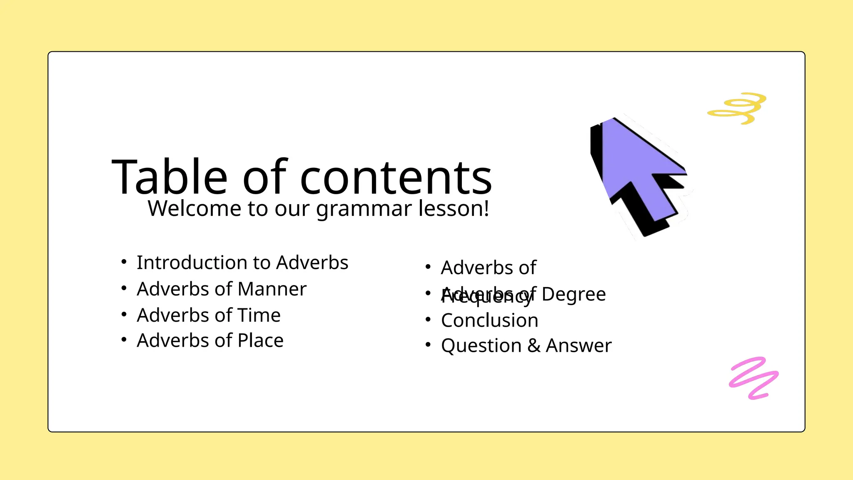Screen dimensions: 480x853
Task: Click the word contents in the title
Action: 396,178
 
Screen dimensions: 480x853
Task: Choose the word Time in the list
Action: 259,315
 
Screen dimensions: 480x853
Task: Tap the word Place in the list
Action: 260,341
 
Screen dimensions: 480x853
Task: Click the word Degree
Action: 574,294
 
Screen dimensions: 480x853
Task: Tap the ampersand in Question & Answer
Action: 534,346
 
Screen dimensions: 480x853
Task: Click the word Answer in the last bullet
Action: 579,346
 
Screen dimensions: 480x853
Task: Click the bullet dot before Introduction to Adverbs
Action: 124,262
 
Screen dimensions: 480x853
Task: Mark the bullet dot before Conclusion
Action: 428,320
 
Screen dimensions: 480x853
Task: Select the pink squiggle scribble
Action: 753,378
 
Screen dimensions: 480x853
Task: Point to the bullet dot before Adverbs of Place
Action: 124,340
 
